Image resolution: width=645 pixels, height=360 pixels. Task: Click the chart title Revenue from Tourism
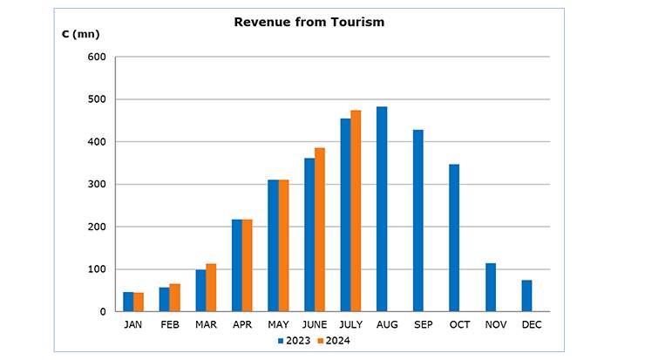(x=309, y=22)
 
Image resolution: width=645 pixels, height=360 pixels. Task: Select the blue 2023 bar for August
(x=381, y=209)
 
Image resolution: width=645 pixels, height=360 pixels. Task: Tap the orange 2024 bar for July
(x=356, y=211)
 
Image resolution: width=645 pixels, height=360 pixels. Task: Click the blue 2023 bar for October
(x=454, y=237)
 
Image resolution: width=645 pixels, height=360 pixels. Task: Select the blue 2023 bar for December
(x=526, y=295)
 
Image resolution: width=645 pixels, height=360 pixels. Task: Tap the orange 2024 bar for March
(x=210, y=288)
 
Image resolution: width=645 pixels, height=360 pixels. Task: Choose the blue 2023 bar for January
(x=128, y=302)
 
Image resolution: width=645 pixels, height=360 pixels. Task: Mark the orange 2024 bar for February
(x=174, y=297)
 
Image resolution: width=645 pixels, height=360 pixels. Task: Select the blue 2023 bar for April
(x=237, y=266)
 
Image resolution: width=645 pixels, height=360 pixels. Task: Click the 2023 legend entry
(x=293, y=340)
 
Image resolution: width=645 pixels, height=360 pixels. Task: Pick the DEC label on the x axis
(x=531, y=324)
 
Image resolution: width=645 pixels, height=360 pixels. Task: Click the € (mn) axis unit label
(x=81, y=34)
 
